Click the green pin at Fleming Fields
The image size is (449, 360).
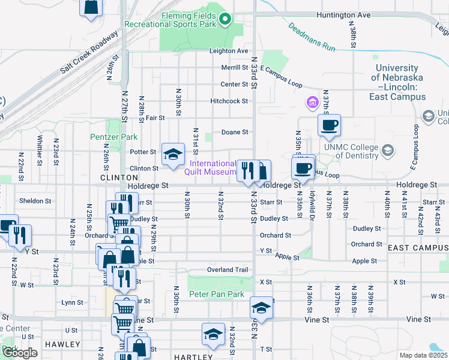click(225, 19)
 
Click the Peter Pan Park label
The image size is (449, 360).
click(217, 294)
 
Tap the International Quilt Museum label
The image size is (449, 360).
click(213, 167)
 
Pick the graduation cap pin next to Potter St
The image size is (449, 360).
click(173, 155)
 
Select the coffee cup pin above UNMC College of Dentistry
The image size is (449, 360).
click(329, 125)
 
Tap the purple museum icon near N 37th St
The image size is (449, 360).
click(312, 103)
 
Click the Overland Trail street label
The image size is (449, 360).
click(228, 270)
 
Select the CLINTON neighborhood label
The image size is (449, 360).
click(115, 178)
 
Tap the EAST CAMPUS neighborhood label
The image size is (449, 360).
click(417, 248)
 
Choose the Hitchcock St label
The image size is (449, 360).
click(229, 101)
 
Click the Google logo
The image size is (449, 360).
click(20, 353)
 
